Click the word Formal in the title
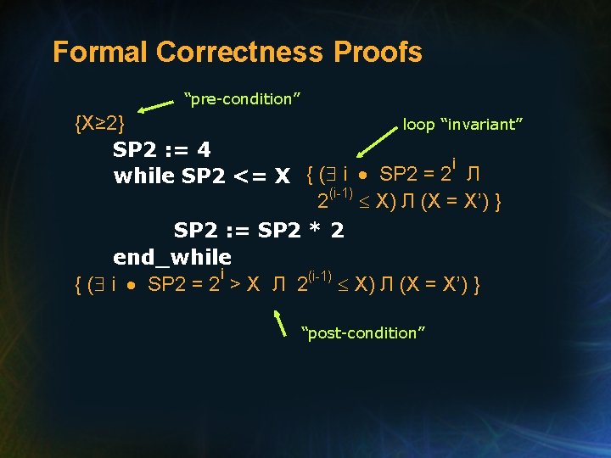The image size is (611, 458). point(100,53)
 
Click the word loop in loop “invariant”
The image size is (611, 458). point(418,125)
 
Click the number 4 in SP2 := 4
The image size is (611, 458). point(204,150)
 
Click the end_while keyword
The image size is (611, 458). point(172,256)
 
